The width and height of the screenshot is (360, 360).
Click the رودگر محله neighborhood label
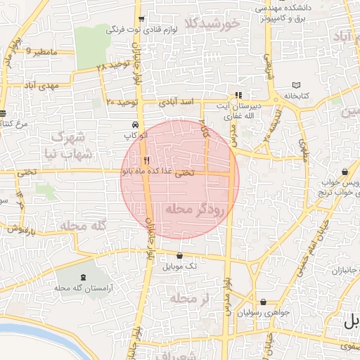[x=193, y=209]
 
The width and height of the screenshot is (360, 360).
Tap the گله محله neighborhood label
[x=82, y=226]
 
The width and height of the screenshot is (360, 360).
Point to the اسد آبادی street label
[x=177, y=102]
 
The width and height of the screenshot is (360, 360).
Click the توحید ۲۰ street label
[x=120, y=102]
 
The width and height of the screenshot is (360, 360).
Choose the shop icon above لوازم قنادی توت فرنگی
[x=142, y=19]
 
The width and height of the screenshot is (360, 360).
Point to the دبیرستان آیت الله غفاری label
[x=238, y=110]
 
